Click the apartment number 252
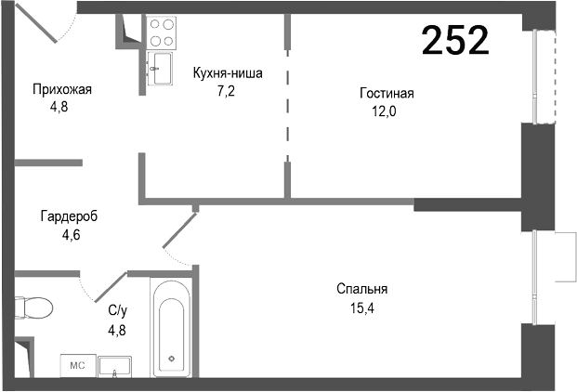tap(455, 40)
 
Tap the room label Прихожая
tap(61, 90)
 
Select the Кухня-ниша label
tap(228, 73)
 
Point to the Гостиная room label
tap(387, 93)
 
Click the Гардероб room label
tap(69, 216)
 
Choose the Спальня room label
tap(362, 288)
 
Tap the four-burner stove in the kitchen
tap(163, 33)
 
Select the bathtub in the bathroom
tap(172, 326)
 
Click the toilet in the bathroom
tap(34, 307)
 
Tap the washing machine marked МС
tap(77, 365)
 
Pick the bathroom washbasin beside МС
tap(115, 364)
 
